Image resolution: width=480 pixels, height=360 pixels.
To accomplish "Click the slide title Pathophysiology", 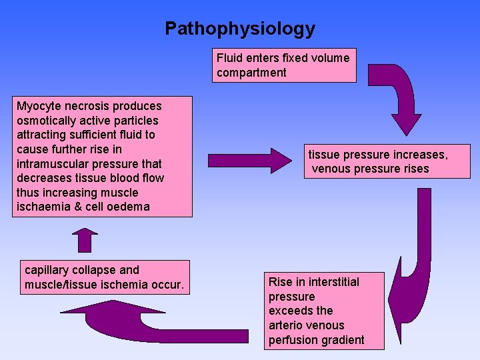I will click(240, 29).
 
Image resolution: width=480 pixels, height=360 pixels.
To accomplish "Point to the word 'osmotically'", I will click(45, 121).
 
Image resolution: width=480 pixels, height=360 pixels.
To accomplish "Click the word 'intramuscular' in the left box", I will click(50, 163).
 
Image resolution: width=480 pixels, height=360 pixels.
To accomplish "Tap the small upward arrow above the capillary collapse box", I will click(85, 239).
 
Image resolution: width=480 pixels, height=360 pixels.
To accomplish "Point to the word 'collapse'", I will click(96, 270).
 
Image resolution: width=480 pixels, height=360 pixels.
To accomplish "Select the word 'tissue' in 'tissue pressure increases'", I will click(324, 155).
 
